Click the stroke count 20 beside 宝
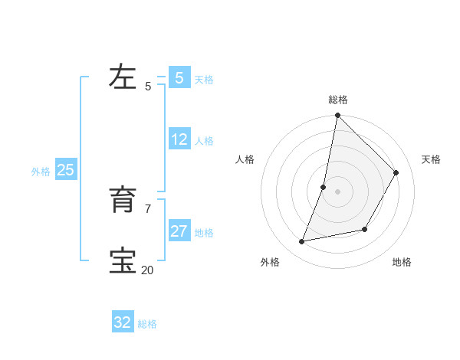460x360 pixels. (x=147, y=270)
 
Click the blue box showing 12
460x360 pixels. (x=179, y=139)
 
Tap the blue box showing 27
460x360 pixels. (x=179, y=231)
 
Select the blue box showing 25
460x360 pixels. (x=65, y=170)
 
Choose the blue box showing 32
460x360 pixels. (x=123, y=322)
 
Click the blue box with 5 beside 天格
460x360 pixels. (x=179, y=77)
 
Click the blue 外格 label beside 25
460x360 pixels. (x=41, y=172)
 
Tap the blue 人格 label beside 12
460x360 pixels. (x=204, y=141)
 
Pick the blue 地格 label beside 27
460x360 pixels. (x=204, y=233)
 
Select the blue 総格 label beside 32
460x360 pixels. (x=147, y=324)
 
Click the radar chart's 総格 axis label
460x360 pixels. (x=338, y=100)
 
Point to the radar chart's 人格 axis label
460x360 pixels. (x=245, y=159)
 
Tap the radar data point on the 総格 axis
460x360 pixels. (x=337, y=116)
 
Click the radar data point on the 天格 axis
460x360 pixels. (x=396, y=172)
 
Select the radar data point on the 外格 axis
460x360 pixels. (x=302, y=242)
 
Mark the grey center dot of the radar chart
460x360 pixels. (x=337, y=191)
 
